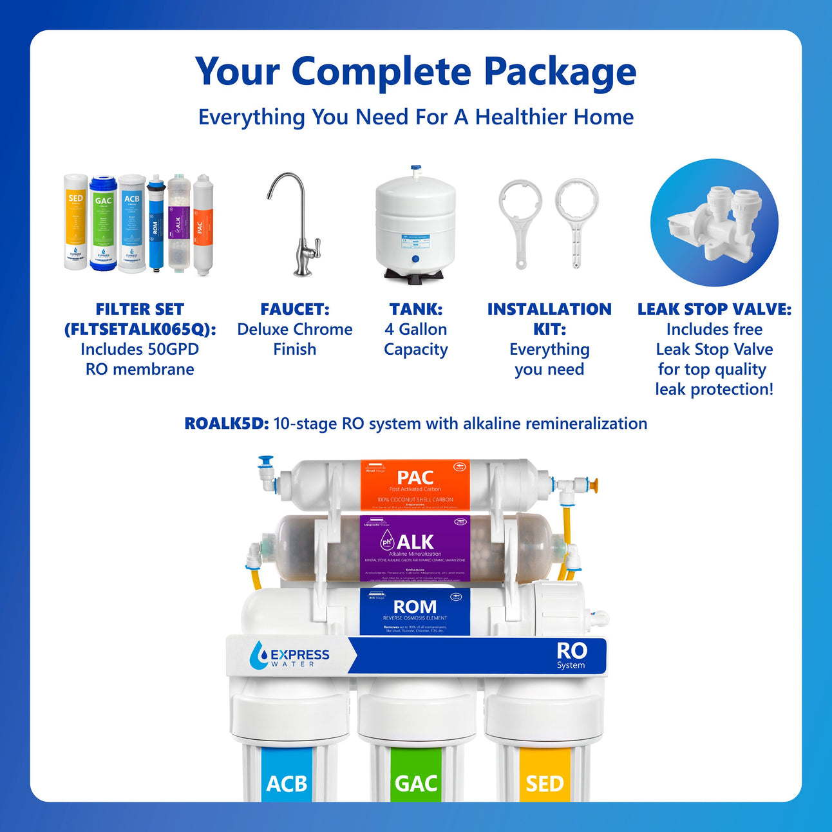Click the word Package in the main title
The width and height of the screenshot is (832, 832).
pyautogui.click(x=560, y=72)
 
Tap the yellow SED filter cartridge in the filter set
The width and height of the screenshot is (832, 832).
pyautogui.click(x=75, y=222)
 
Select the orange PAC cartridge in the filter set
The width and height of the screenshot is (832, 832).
pyautogui.click(x=203, y=225)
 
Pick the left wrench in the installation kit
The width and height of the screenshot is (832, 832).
pyautogui.click(x=520, y=222)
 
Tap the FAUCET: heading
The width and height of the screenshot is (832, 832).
pyautogui.click(x=294, y=309)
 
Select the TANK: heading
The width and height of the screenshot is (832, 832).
pyautogui.click(x=415, y=309)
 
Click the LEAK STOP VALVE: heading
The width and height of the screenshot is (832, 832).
pyautogui.click(x=714, y=309)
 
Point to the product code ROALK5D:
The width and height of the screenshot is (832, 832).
pyautogui.click(x=226, y=424)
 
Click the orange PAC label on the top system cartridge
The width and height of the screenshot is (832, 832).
pyautogui.click(x=415, y=484)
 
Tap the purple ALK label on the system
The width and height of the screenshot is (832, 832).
pyautogui.click(x=415, y=548)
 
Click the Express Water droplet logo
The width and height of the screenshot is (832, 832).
pyautogui.click(x=259, y=655)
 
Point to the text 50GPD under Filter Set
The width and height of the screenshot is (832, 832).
pyautogui.click(x=173, y=349)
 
